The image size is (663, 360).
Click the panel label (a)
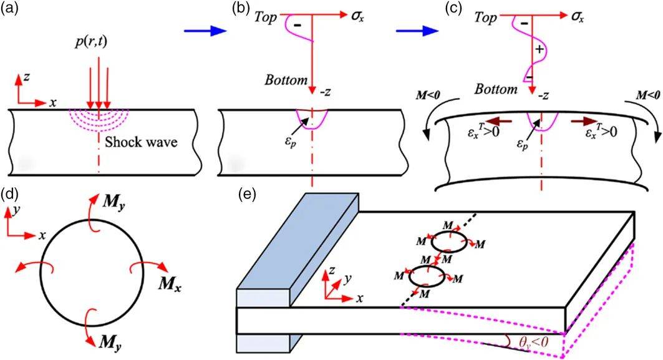pyautogui.click(x=11, y=11)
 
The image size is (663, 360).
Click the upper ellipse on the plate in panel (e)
pyautogui.click(x=448, y=241)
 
